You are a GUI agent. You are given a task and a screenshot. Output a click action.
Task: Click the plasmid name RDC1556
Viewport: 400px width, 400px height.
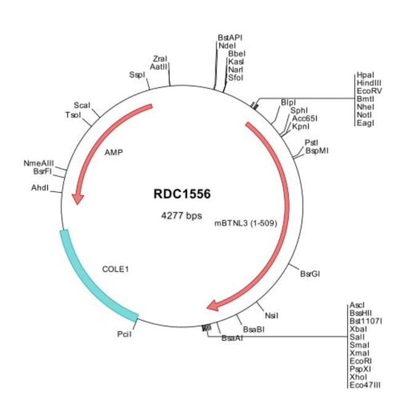pyautogui.click(x=182, y=194)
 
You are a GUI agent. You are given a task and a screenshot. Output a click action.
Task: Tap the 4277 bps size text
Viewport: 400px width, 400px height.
pyautogui.click(x=181, y=216)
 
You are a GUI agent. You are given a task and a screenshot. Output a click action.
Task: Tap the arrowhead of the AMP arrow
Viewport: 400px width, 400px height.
pyautogui.click(x=78, y=198)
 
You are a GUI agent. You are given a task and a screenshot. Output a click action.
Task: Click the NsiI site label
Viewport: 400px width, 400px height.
pyautogui.click(x=271, y=315)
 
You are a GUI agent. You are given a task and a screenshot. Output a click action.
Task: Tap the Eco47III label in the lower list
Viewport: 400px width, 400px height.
pyautogui.click(x=365, y=384)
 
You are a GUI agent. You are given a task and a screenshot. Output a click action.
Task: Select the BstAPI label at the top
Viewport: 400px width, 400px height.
pyautogui.click(x=230, y=38)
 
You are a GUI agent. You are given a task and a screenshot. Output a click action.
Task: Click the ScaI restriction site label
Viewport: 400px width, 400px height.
pyautogui.click(x=82, y=105)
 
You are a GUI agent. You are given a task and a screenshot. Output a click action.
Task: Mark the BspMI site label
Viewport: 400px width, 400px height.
pyautogui.click(x=317, y=151)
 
